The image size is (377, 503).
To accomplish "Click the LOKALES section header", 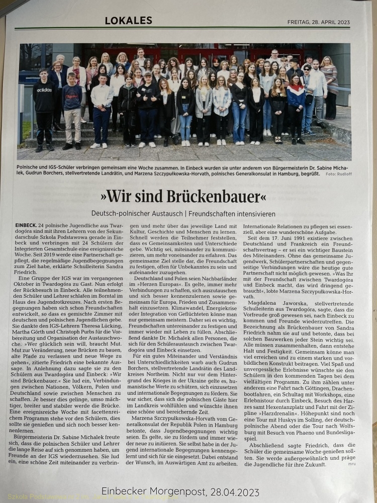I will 128,21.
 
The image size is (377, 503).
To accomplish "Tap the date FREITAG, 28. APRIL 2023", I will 318,22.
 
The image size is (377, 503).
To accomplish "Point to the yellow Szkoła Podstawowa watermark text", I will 30,498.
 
